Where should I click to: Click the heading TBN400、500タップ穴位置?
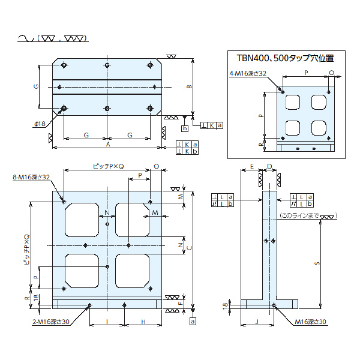(x=285, y=58)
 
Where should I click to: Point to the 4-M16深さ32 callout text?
(x=248, y=73)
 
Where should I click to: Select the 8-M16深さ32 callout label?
(x=31, y=178)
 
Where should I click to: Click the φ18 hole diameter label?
(x=40, y=123)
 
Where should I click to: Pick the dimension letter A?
(x=108, y=145)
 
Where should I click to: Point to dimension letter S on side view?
(x=317, y=263)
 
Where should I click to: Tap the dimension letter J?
(x=257, y=322)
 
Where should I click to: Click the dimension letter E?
(x=252, y=166)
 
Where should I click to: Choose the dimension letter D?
(x=270, y=166)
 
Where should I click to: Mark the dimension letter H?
(x=143, y=322)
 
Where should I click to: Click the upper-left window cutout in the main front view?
(x=82, y=221)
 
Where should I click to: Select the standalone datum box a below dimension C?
(x=193, y=322)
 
